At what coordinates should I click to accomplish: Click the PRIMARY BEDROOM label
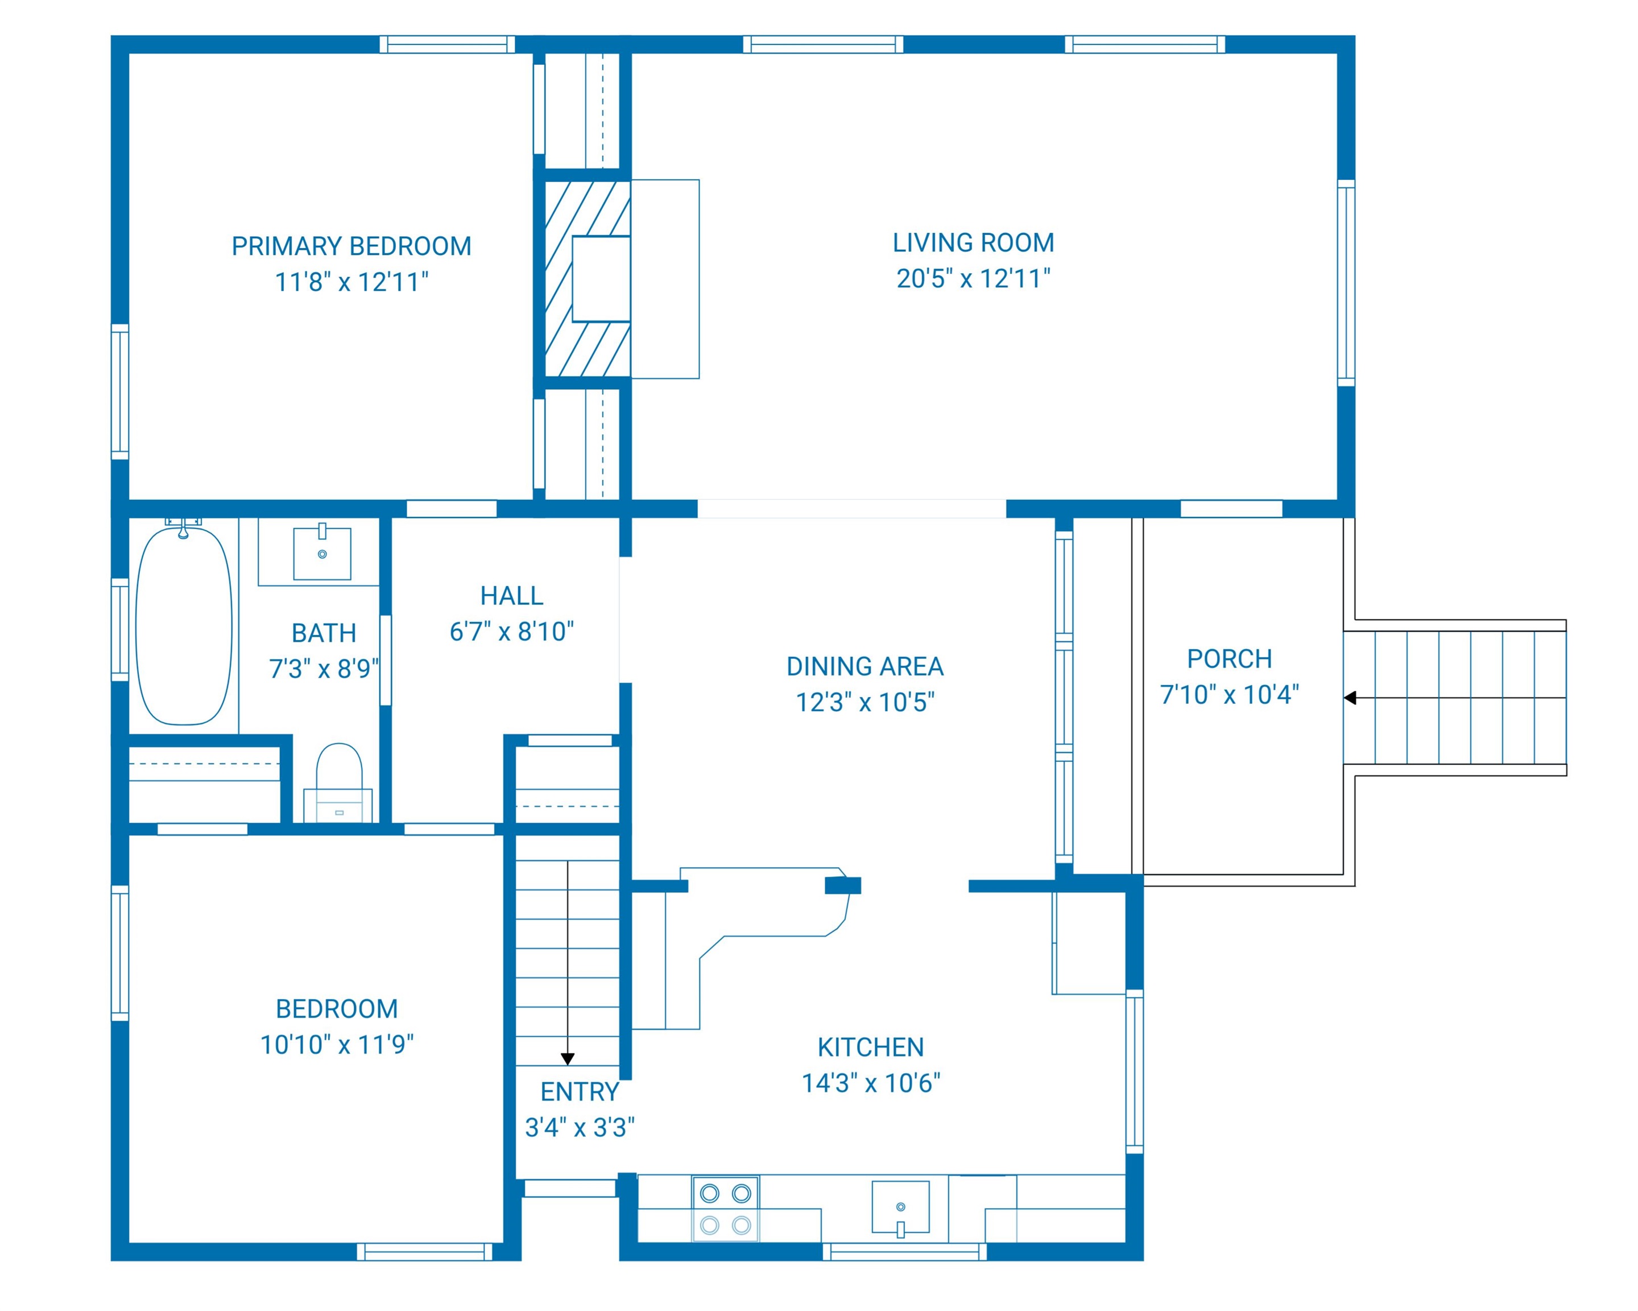[x=351, y=246]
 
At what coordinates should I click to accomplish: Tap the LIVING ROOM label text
[x=973, y=243]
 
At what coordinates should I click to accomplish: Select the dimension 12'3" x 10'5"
[x=864, y=702]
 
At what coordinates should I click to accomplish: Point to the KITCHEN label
[x=871, y=1048]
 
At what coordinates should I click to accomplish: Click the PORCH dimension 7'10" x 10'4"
[x=1229, y=695]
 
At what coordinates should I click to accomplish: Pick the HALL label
[x=511, y=596]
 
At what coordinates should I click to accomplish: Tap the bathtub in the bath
[x=184, y=625]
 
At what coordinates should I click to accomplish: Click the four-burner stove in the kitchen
[x=726, y=1209]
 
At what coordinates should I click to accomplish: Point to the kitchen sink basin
[x=900, y=1207]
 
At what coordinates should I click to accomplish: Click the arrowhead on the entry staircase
[x=567, y=1059]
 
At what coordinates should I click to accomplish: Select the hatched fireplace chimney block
[x=588, y=278]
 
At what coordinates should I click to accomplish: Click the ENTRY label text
[x=580, y=1092]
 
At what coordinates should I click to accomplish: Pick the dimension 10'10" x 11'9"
[x=337, y=1045]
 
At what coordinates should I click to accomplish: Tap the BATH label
[x=324, y=633]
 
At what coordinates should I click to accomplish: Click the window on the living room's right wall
[x=1346, y=283]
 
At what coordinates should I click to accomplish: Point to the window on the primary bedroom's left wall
[x=120, y=392]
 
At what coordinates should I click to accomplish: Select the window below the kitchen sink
[x=904, y=1252]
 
